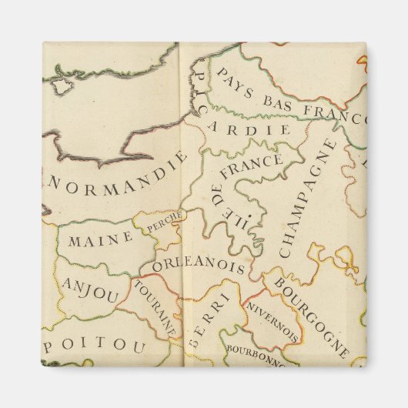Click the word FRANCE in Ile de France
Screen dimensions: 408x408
(251, 166)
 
